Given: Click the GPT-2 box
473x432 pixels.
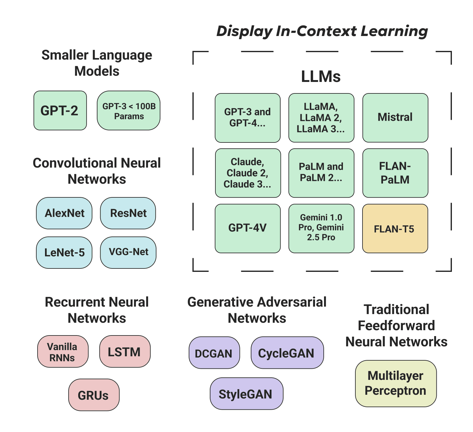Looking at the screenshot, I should click(60, 110).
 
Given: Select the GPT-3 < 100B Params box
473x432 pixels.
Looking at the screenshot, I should click(128, 110).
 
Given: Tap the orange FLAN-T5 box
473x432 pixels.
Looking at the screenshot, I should click(395, 229).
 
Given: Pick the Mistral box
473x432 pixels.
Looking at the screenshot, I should click(395, 118).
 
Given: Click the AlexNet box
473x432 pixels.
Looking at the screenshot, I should click(64, 213).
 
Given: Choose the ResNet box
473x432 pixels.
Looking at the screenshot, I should click(128, 213).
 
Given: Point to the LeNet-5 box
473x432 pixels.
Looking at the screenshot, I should click(64, 252).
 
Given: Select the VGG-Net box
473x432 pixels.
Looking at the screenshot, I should click(128, 252).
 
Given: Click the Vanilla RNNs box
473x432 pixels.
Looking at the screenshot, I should click(63, 352).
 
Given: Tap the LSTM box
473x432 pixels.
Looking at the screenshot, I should click(125, 352).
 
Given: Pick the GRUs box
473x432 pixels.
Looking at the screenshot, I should click(94, 395).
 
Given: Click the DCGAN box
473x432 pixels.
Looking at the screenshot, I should click(214, 353).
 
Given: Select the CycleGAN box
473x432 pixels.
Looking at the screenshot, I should click(287, 353).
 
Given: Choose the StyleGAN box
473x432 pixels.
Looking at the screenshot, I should click(246, 394).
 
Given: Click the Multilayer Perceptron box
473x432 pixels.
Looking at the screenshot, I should click(396, 383).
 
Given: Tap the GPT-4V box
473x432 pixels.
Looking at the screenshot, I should click(248, 228).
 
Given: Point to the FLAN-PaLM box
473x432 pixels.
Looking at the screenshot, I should click(395, 173).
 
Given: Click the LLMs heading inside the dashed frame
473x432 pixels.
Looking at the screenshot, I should click(321, 76).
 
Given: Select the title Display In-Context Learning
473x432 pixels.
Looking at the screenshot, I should click(322, 31).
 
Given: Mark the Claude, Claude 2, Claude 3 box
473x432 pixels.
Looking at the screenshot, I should click(248, 173).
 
